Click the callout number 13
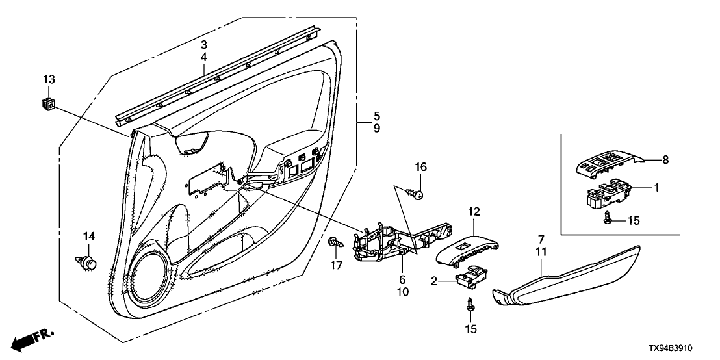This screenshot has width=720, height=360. (x=49, y=79)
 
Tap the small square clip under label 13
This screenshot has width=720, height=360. (x=47, y=102)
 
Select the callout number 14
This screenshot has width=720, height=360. (x=88, y=235)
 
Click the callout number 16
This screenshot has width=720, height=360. (x=421, y=168)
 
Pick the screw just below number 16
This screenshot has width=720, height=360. (x=415, y=193)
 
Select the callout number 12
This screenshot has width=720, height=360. (x=473, y=211)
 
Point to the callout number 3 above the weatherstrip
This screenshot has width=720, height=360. (x=203, y=44)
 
